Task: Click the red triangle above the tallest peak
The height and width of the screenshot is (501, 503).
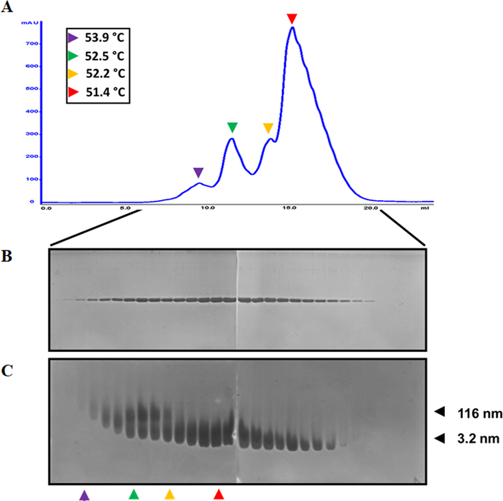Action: tap(291, 19)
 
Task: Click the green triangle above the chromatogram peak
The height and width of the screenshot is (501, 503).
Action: tap(232, 128)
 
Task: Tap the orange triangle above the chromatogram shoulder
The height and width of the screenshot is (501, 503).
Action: tap(268, 128)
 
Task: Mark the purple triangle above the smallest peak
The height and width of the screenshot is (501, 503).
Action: tap(199, 173)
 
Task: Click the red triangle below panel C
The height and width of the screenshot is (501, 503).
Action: tap(218, 494)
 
